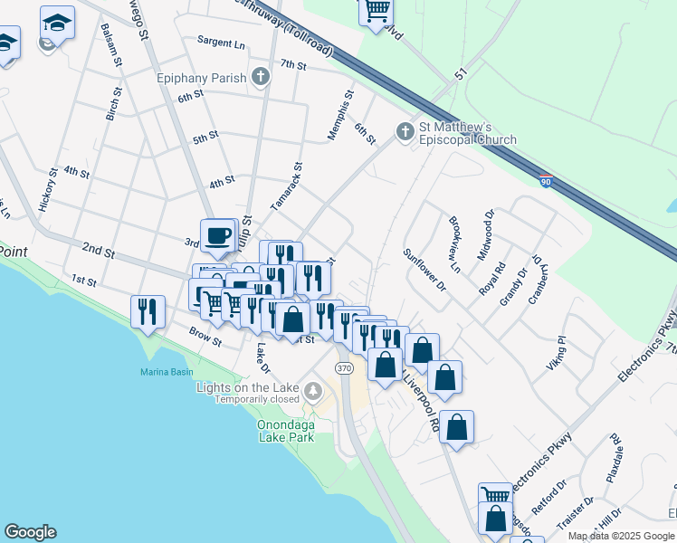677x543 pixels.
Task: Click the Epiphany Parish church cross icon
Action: pos(261,77)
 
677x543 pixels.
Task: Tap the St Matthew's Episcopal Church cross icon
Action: pos(404,133)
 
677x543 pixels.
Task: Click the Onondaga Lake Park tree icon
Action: pos(313,391)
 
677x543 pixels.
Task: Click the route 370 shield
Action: pos(343,368)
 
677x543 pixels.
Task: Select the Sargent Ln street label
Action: pos(222,43)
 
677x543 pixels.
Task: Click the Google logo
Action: pos(30,532)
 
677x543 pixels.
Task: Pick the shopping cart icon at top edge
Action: pos(376,12)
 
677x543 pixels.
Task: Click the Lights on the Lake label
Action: pos(248,387)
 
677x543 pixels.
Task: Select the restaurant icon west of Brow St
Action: pos(146,311)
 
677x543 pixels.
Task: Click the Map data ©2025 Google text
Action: pos(621,536)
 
